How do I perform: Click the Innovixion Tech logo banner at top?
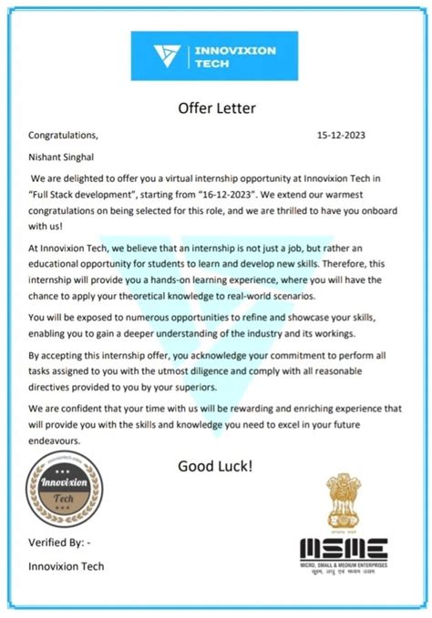tap(216, 57)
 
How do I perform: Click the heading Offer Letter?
tap(216, 109)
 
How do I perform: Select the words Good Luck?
tap(215, 466)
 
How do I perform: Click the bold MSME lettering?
tap(345, 550)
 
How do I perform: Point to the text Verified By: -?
tap(60, 543)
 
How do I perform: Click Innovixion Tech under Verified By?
tap(67, 566)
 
